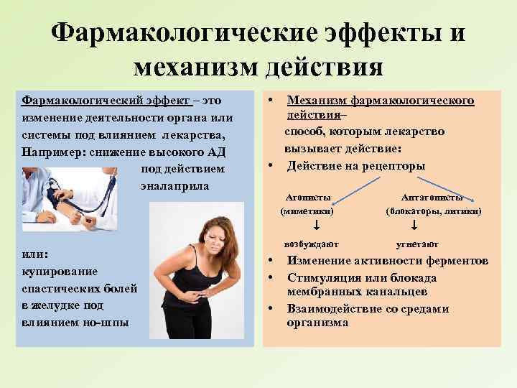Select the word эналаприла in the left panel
point(174,185)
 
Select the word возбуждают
point(311,244)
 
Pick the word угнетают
point(416,244)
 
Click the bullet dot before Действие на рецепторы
point(271,165)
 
